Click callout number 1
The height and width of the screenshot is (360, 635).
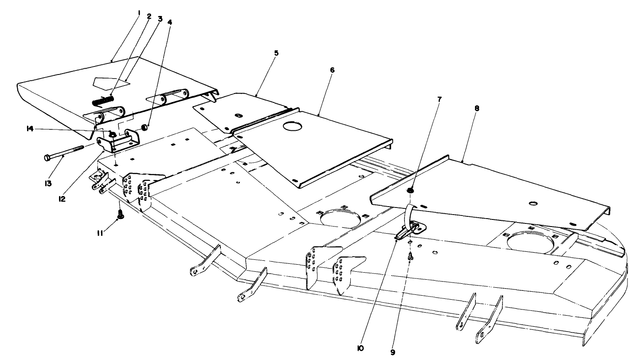[139, 13]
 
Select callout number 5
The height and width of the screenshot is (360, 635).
[276, 53]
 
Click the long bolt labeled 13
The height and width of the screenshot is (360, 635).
[64, 152]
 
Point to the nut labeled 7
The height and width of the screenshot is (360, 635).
[410, 191]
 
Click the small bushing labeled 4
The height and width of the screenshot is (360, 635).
[144, 128]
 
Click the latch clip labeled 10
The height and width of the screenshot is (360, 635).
[410, 231]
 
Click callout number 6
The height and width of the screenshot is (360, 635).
[332, 70]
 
